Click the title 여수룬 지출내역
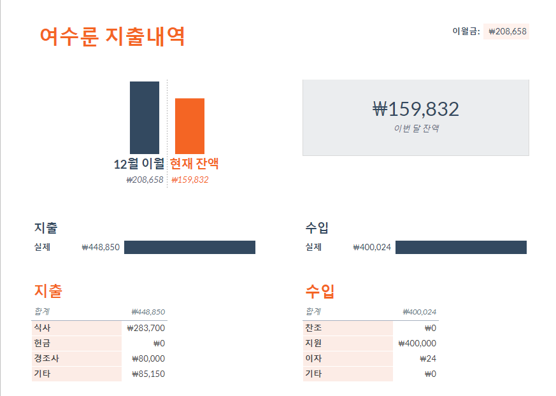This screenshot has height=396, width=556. [112, 36]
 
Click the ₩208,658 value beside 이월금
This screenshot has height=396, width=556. [508, 31]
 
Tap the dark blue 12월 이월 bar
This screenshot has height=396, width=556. [145, 117]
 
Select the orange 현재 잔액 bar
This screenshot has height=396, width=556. [190, 125]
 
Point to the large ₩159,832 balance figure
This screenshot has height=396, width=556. [416, 109]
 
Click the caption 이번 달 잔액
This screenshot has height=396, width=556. [416, 129]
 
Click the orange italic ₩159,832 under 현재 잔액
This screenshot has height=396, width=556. [190, 180]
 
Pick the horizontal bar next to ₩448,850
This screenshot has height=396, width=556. [190, 247]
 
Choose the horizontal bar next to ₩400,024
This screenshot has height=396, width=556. [460, 247]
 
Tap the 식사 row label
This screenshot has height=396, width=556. [42, 328]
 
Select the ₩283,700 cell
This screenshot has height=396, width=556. [146, 328]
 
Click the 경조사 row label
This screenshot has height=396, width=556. [46, 358]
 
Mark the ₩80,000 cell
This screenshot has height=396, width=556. [148, 358]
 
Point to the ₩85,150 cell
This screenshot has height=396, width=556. [148, 374]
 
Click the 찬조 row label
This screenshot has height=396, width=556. [313, 328]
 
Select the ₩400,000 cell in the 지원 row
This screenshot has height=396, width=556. [417, 343]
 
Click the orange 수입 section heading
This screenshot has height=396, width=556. [320, 292]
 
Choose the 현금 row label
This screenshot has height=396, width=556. [42, 343]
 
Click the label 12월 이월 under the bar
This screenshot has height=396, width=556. [139, 164]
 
